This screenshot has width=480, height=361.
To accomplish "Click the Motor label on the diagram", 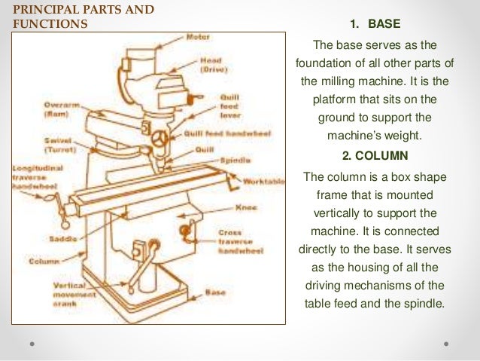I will tap(199, 36).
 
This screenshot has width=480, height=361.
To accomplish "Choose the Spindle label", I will tap(235, 160).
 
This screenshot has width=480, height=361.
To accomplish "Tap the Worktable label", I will tap(263, 182).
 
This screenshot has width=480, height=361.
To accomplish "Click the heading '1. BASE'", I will tap(375, 23).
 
